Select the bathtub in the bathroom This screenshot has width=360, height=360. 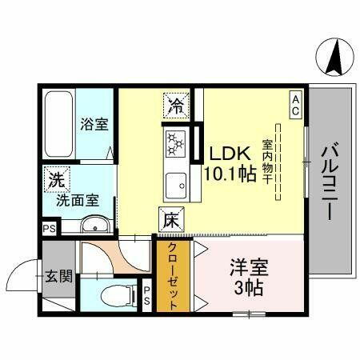(58, 123)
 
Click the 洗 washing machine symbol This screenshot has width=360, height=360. (54, 179)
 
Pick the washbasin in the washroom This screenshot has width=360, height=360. (90, 224)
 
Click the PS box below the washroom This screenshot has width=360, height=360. (49, 227)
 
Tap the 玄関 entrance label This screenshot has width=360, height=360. (59, 277)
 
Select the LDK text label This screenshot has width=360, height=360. (229, 153)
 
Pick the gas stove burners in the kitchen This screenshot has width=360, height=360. (175, 145)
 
